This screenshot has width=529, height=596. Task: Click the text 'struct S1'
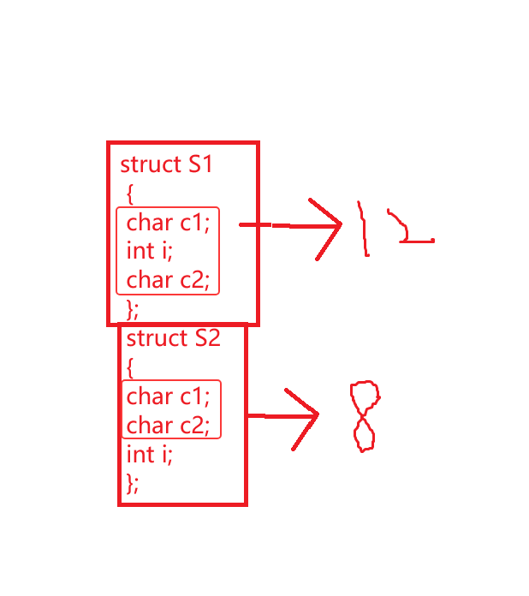[x=166, y=164]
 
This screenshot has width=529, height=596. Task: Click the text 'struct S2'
[x=173, y=337]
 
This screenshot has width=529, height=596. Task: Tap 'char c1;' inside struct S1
[x=168, y=223]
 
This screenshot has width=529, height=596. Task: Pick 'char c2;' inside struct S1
[x=168, y=280]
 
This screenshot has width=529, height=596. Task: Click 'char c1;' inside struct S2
[x=168, y=396]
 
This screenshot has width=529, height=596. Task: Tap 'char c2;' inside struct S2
[x=168, y=425]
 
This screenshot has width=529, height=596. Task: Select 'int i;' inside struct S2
[x=149, y=454]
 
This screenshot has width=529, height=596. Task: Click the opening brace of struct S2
[x=130, y=367]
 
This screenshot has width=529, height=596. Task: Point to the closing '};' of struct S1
[x=132, y=307]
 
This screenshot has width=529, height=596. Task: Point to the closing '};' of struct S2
[x=132, y=482]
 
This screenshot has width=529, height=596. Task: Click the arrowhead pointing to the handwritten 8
[x=308, y=416]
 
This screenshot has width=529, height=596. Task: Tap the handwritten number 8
[x=365, y=417]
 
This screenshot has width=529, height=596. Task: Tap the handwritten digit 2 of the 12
[x=409, y=228]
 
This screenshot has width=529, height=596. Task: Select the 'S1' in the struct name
[x=199, y=164]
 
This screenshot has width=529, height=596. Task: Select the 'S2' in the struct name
[x=207, y=337]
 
